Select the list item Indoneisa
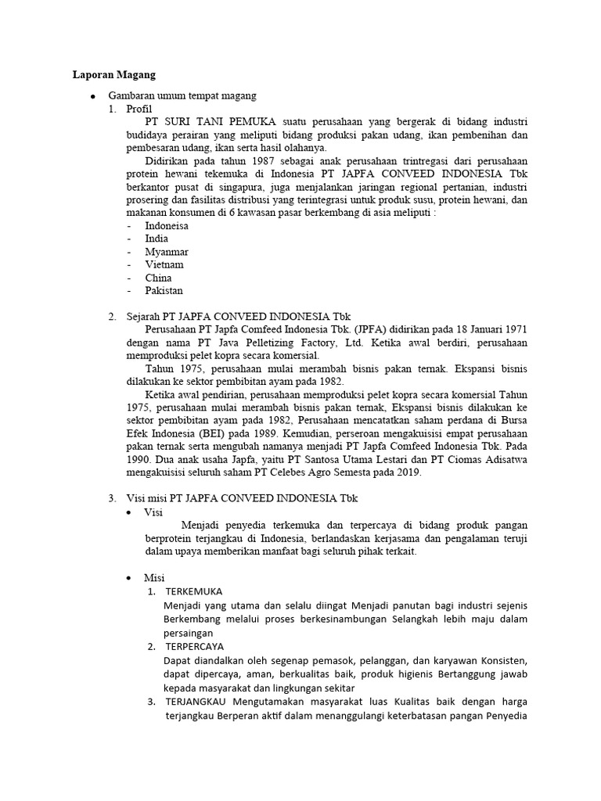(167, 226)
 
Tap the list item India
(157, 239)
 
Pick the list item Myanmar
(167, 252)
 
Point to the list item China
(158, 278)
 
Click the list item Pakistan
(164, 290)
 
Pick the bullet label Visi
(153, 512)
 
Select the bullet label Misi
(154, 577)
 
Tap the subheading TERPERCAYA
(195, 647)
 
